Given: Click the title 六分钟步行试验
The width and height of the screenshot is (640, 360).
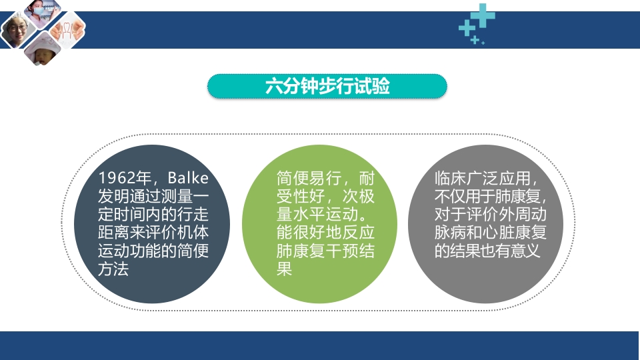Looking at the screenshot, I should tap(327, 87).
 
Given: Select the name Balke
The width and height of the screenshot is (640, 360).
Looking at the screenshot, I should tap(189, 179).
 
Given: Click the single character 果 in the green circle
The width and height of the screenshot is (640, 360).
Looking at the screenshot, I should tap(285, 270).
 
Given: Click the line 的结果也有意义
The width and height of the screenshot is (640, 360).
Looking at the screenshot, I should tap(487, 251).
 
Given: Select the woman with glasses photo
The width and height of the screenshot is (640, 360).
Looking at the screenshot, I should tap(16, 31).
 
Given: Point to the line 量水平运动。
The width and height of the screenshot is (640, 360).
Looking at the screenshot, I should tap(321, 215).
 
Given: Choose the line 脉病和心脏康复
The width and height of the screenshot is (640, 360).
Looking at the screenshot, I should tap(490, 233).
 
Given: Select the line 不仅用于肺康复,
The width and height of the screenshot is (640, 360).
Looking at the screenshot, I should tap(490, 197).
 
